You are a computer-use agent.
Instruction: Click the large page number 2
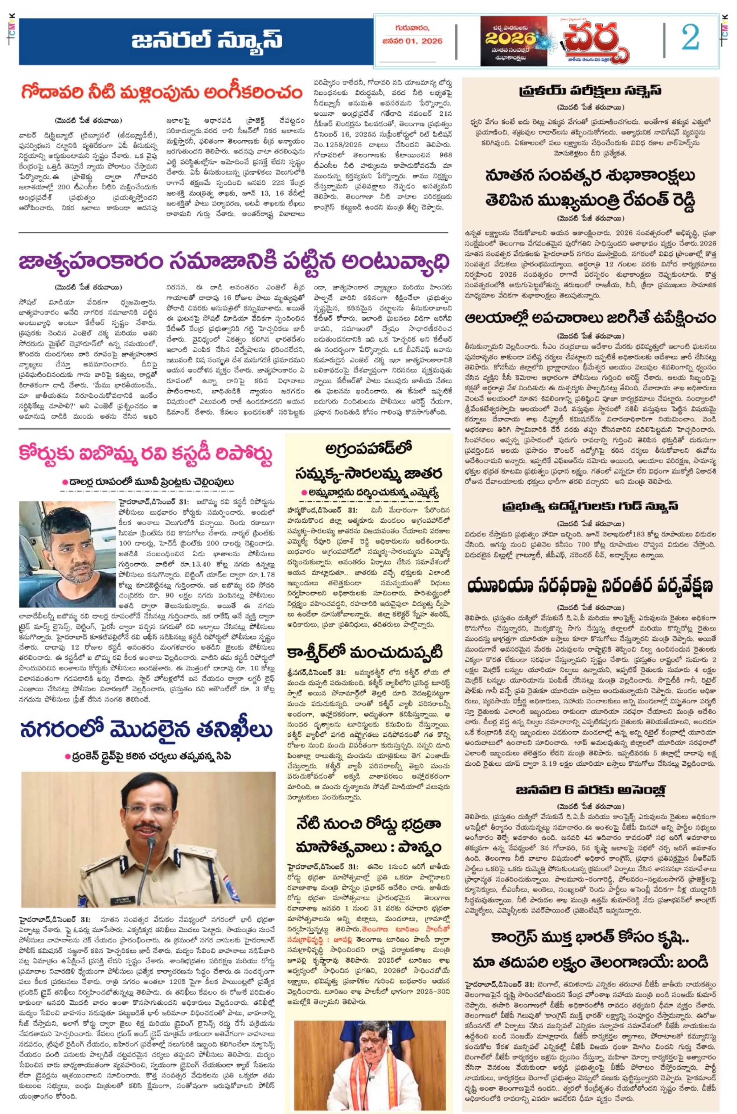690,38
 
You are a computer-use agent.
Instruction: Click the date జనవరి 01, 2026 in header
412,41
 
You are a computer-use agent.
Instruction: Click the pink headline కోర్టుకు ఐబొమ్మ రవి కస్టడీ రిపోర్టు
146,454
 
